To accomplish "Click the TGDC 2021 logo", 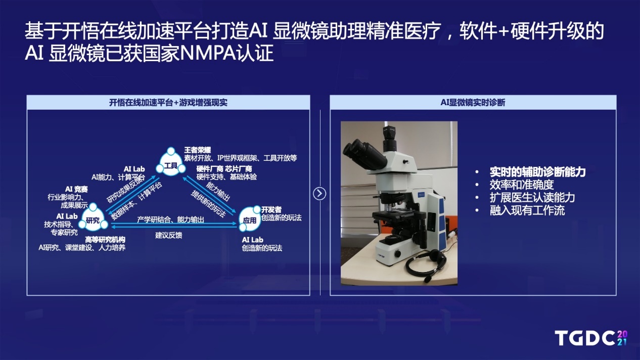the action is tap(591, 338).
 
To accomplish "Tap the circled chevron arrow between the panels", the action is tap(319, 194).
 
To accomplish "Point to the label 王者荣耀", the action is tap(198, 150).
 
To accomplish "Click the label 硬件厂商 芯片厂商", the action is tap(224, 169).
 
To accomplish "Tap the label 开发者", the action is tap(271, 209).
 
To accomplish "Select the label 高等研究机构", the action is tap(105, 240).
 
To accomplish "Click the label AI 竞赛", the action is tap(76, 189).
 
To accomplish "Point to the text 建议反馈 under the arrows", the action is tap(168, 235).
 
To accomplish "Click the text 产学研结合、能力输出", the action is tap(170, 219).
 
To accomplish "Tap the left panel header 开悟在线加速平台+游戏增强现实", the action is tap(168, 103).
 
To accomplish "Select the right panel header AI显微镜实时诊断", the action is tap(473, 102).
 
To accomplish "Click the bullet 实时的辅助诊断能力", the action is tap(538, 172).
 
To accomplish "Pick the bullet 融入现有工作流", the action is tap(527, 210).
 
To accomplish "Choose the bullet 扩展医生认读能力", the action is tap(532, 197).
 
